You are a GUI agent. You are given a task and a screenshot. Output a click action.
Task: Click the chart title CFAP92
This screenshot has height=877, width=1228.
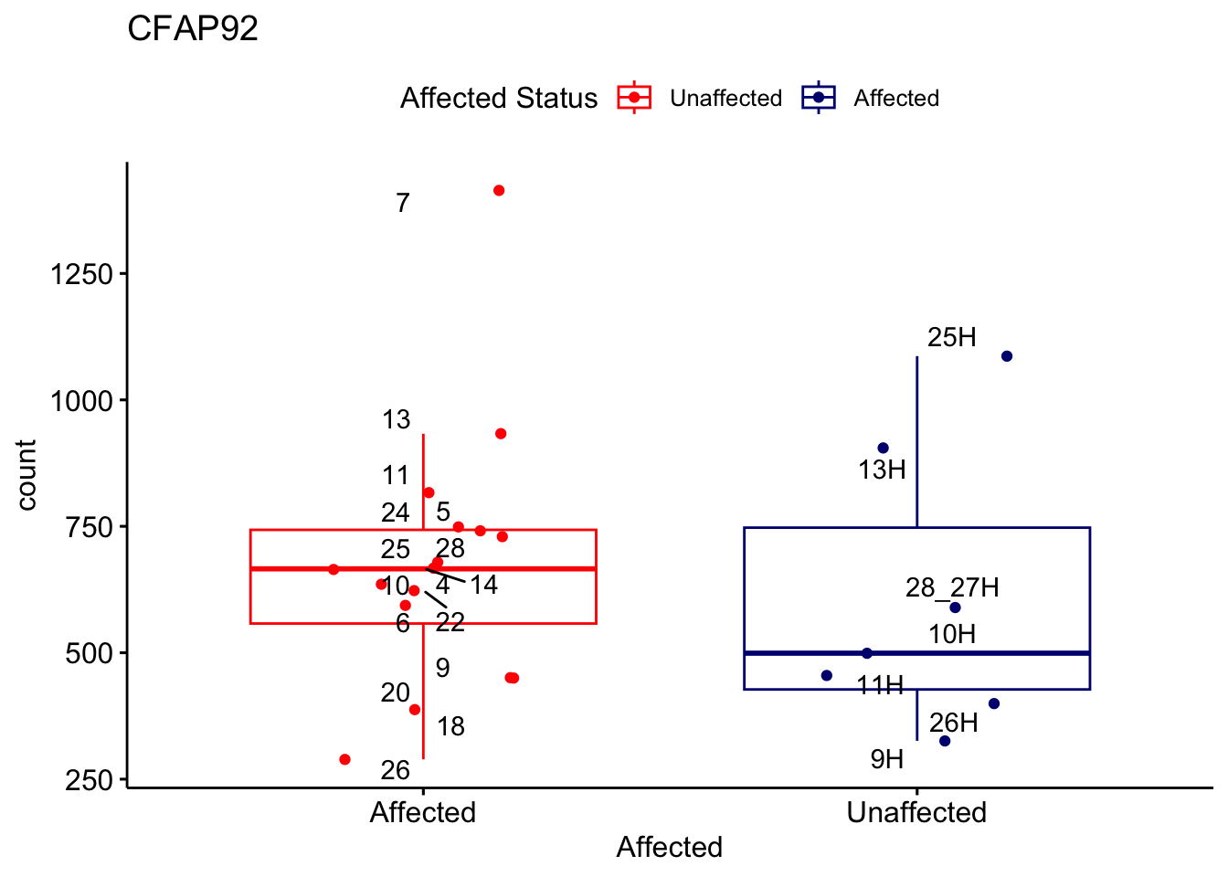[x=193, y=29]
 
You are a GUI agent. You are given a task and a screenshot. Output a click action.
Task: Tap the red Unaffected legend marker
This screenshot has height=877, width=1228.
[x=634, y=98]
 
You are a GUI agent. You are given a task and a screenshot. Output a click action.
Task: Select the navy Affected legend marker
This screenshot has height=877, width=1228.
[x=819, y=98]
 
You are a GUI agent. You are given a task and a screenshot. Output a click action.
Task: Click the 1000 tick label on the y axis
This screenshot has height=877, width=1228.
[x=81, y=401]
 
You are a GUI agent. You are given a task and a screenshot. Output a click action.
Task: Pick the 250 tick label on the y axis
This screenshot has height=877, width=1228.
[x=88, y=780]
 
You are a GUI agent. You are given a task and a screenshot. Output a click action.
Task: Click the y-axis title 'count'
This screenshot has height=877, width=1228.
[x=26, y=474]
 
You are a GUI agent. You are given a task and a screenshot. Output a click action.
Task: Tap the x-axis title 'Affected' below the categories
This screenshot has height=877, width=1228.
[x=669, y=847]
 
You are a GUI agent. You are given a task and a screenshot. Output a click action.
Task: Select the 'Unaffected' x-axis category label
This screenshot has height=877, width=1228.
[x=916, y=812]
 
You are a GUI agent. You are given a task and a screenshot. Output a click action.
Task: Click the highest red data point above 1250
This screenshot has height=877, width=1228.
[x=499, y=190]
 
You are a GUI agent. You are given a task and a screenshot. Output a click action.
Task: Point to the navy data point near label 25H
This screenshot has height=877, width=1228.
[x=1006, y=356]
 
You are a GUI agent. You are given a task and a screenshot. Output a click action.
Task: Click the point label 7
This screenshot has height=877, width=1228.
[x=403, y=203]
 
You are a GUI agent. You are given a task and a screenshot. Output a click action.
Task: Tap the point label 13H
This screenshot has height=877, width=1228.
[x=882, y=470]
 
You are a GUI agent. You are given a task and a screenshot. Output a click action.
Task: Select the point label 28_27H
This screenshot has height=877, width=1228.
[x=952, y=587]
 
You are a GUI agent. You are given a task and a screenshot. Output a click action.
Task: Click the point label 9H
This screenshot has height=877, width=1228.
[x=886, y=759]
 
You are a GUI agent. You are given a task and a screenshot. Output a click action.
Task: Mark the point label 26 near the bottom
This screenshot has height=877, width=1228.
[x=395, y=770]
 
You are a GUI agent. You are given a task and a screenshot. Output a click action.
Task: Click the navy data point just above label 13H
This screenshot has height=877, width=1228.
[x=883, y=448]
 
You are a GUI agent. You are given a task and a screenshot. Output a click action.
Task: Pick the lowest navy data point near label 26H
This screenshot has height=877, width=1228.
[x=945, y=741]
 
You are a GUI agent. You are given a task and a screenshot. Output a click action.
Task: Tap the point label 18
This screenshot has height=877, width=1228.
[x=450, y=726]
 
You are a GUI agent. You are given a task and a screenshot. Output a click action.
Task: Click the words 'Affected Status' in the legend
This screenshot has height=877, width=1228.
[x=499, y=98]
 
